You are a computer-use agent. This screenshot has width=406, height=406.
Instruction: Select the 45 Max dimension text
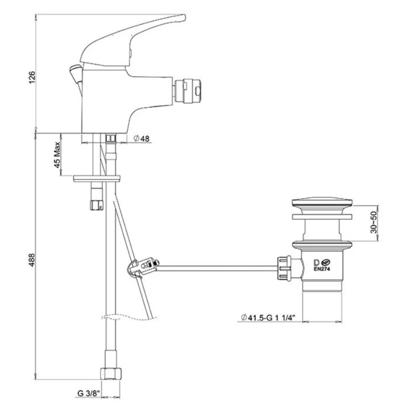(57, 155)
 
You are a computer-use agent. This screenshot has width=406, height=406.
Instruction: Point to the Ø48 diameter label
(141, 138)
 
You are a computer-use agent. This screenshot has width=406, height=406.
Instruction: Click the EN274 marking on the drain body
(322, 269)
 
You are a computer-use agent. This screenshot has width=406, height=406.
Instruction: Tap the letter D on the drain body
(316, 263)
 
